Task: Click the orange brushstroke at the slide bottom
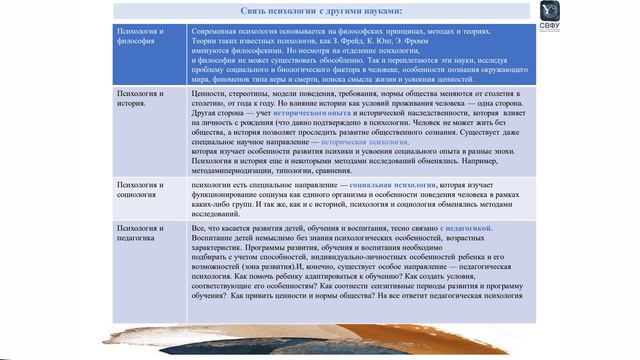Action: (300, 338)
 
